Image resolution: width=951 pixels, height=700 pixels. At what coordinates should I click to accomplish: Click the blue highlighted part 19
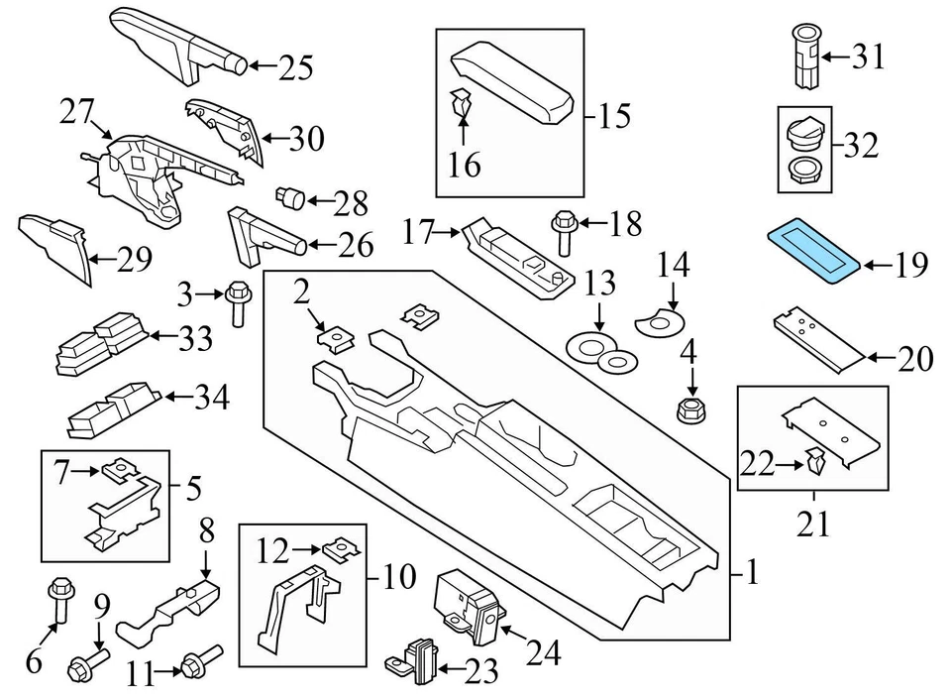pyautogui.click(x=814, y=253)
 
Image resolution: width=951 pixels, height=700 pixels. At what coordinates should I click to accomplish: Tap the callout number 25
pyautogui.click(x=294, y=67)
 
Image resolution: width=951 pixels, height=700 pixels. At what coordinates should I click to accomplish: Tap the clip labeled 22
pyautogui.click(x=816, y=460)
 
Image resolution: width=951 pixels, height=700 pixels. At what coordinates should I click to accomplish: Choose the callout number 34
pyautogui.click(x=211, y=399)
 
